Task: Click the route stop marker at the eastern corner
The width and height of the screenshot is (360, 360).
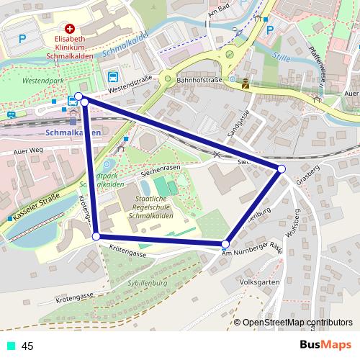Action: (x=282, y=168)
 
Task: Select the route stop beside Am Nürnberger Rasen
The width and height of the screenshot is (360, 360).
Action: (x=226, y=245)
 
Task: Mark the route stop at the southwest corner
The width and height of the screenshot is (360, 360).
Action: (x=96, y=235)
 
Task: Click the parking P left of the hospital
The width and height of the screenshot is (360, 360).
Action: (x=22, y=38)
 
